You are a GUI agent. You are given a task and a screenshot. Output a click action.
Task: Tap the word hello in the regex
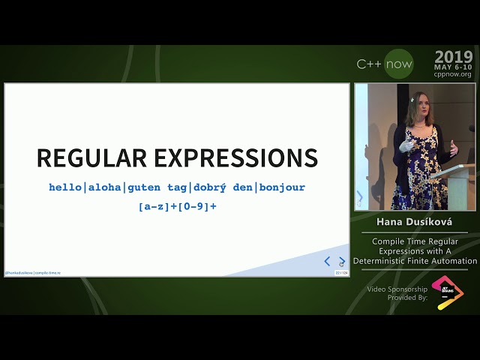pos(65,187)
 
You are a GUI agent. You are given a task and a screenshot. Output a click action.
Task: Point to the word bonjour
pos(282,187)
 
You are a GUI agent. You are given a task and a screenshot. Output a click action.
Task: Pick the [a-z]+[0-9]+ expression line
pos(177,205)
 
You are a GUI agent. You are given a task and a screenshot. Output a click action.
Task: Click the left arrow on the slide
pos(327,261)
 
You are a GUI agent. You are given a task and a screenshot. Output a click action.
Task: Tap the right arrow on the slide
pos(342,261)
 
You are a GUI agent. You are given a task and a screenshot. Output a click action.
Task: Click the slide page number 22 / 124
pos(340,272)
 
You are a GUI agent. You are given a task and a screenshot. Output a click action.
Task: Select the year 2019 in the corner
pos(453,57)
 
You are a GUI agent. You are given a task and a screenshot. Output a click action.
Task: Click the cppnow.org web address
pos(453,74)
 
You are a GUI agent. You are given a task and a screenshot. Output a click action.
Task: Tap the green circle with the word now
pos(398,64)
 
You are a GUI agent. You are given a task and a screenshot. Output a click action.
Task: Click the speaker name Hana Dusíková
pos(415,223)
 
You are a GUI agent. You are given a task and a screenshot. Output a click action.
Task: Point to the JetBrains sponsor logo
pos(448,292)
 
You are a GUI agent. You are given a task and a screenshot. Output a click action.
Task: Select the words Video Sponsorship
pos(397,289)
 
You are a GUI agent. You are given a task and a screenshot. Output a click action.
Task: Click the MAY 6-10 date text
pos(453,67)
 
